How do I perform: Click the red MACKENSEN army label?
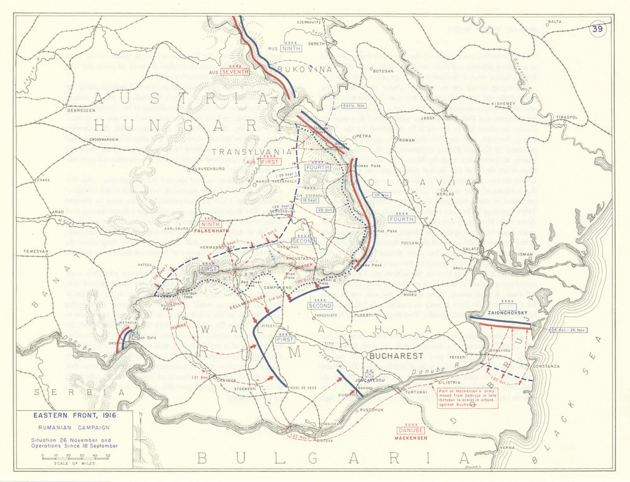411,437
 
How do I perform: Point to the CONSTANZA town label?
545,366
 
